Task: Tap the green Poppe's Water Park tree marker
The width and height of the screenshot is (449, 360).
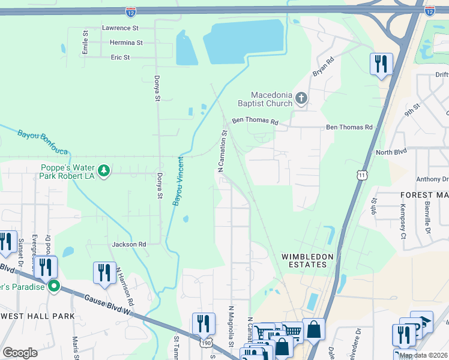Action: [x=104, y=171]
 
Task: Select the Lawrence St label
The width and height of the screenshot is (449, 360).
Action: [x=120, y=28]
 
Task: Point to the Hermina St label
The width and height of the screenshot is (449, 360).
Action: [x=126, y=43]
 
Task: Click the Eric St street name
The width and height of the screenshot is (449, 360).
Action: [x=120, y=58]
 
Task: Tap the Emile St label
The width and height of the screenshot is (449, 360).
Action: [x=85, y=44]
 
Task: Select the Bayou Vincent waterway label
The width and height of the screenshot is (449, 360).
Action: [x=178, y=181]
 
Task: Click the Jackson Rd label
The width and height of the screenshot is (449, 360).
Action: [x=129, y=245]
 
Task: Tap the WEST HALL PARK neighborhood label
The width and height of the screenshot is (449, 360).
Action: [x=37, y=316]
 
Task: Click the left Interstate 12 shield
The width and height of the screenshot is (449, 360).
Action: [x=131, y=11]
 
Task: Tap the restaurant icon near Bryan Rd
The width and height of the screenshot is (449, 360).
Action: [x=381, y=64]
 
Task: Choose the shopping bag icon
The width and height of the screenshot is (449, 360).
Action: [x=313, y=329]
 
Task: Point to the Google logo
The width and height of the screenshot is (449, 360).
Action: [x=20, y=353]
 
